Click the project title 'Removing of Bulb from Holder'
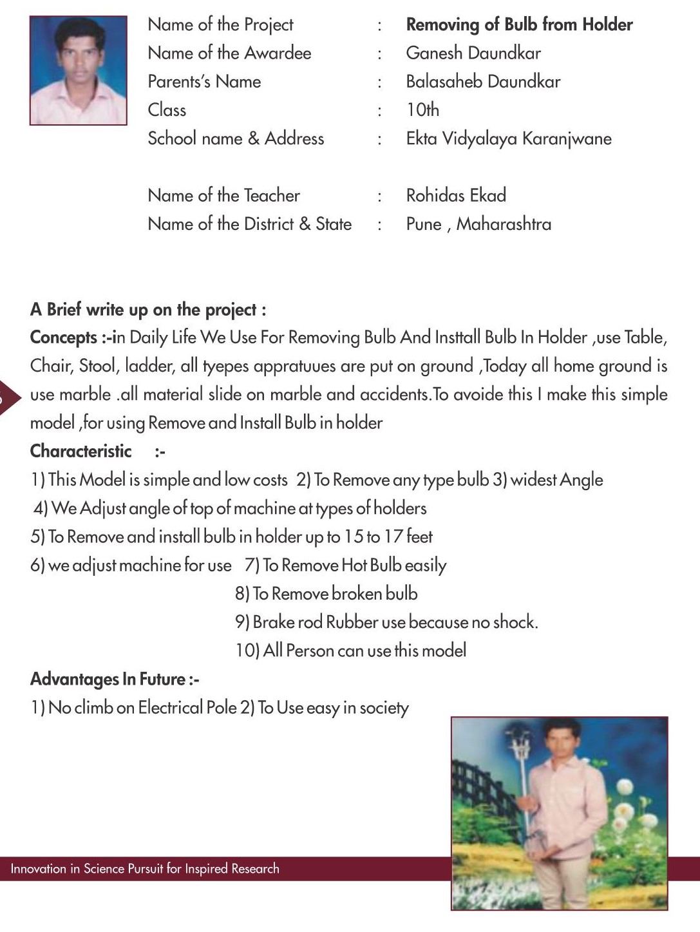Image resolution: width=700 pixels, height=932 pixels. (x=519, y=25)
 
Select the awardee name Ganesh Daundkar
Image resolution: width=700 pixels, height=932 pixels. (x=473, y=53)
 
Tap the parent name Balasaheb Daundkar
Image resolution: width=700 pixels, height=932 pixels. (x=483, y=82)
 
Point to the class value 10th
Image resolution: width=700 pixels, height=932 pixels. (x=422, y=110)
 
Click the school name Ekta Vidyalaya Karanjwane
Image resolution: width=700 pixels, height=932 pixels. (x=509, y=138)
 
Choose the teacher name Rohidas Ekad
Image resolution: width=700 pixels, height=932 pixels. (x=456, y=195)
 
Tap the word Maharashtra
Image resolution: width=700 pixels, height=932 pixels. (x=504, y=224)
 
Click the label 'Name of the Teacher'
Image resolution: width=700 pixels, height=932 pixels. (x=223, y=195)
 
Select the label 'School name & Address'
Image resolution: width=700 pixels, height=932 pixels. (x=236, y=138)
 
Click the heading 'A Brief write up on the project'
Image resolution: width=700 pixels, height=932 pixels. (x=147, y=310)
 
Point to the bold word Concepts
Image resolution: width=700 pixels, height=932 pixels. (x=63, y=338)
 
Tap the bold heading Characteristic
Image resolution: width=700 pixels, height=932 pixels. (x=80, y=451)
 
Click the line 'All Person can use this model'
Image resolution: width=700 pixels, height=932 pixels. (x=351, y=651)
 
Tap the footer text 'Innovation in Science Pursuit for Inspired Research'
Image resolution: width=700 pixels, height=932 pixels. (x=145, y=869)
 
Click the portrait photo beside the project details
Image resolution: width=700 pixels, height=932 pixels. (x=78, y=70)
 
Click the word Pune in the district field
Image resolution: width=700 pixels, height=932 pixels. (x=424, y=224)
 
